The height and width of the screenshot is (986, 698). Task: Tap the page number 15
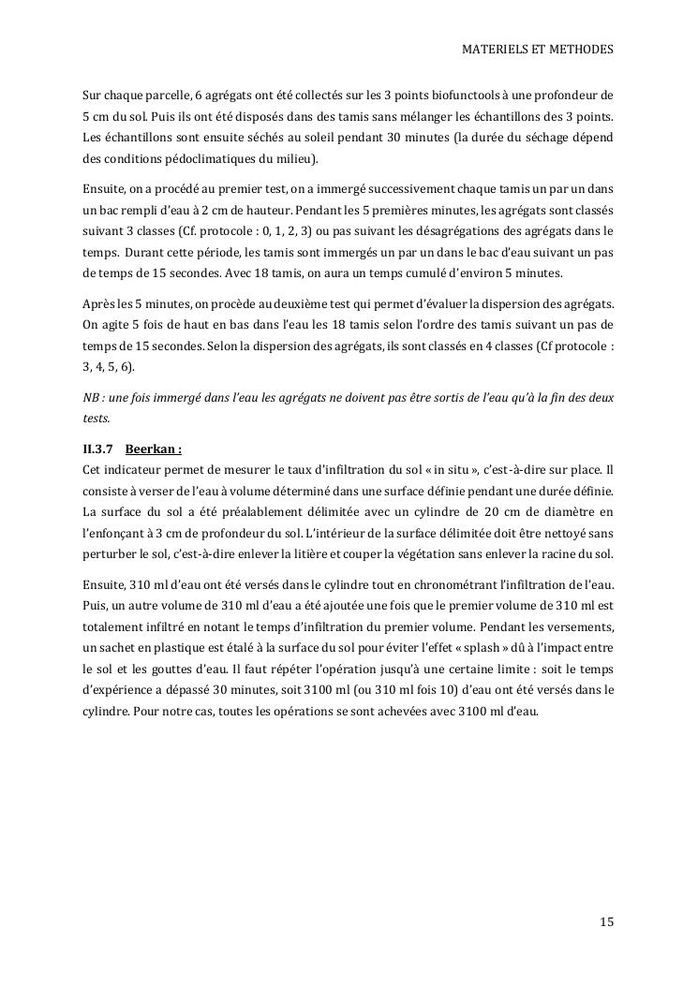point(607,922)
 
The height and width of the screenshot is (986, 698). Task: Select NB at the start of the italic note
point(92,397)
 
